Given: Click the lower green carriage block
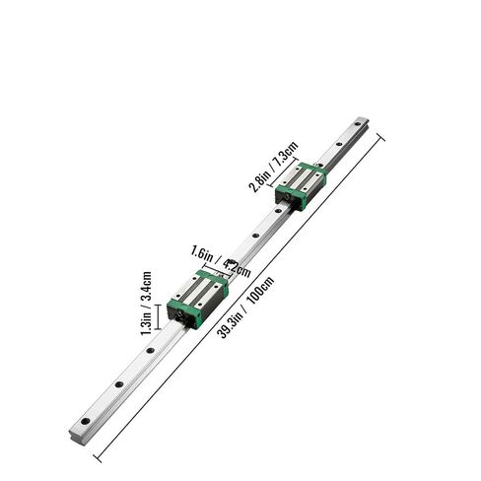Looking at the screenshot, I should pos(200,295).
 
